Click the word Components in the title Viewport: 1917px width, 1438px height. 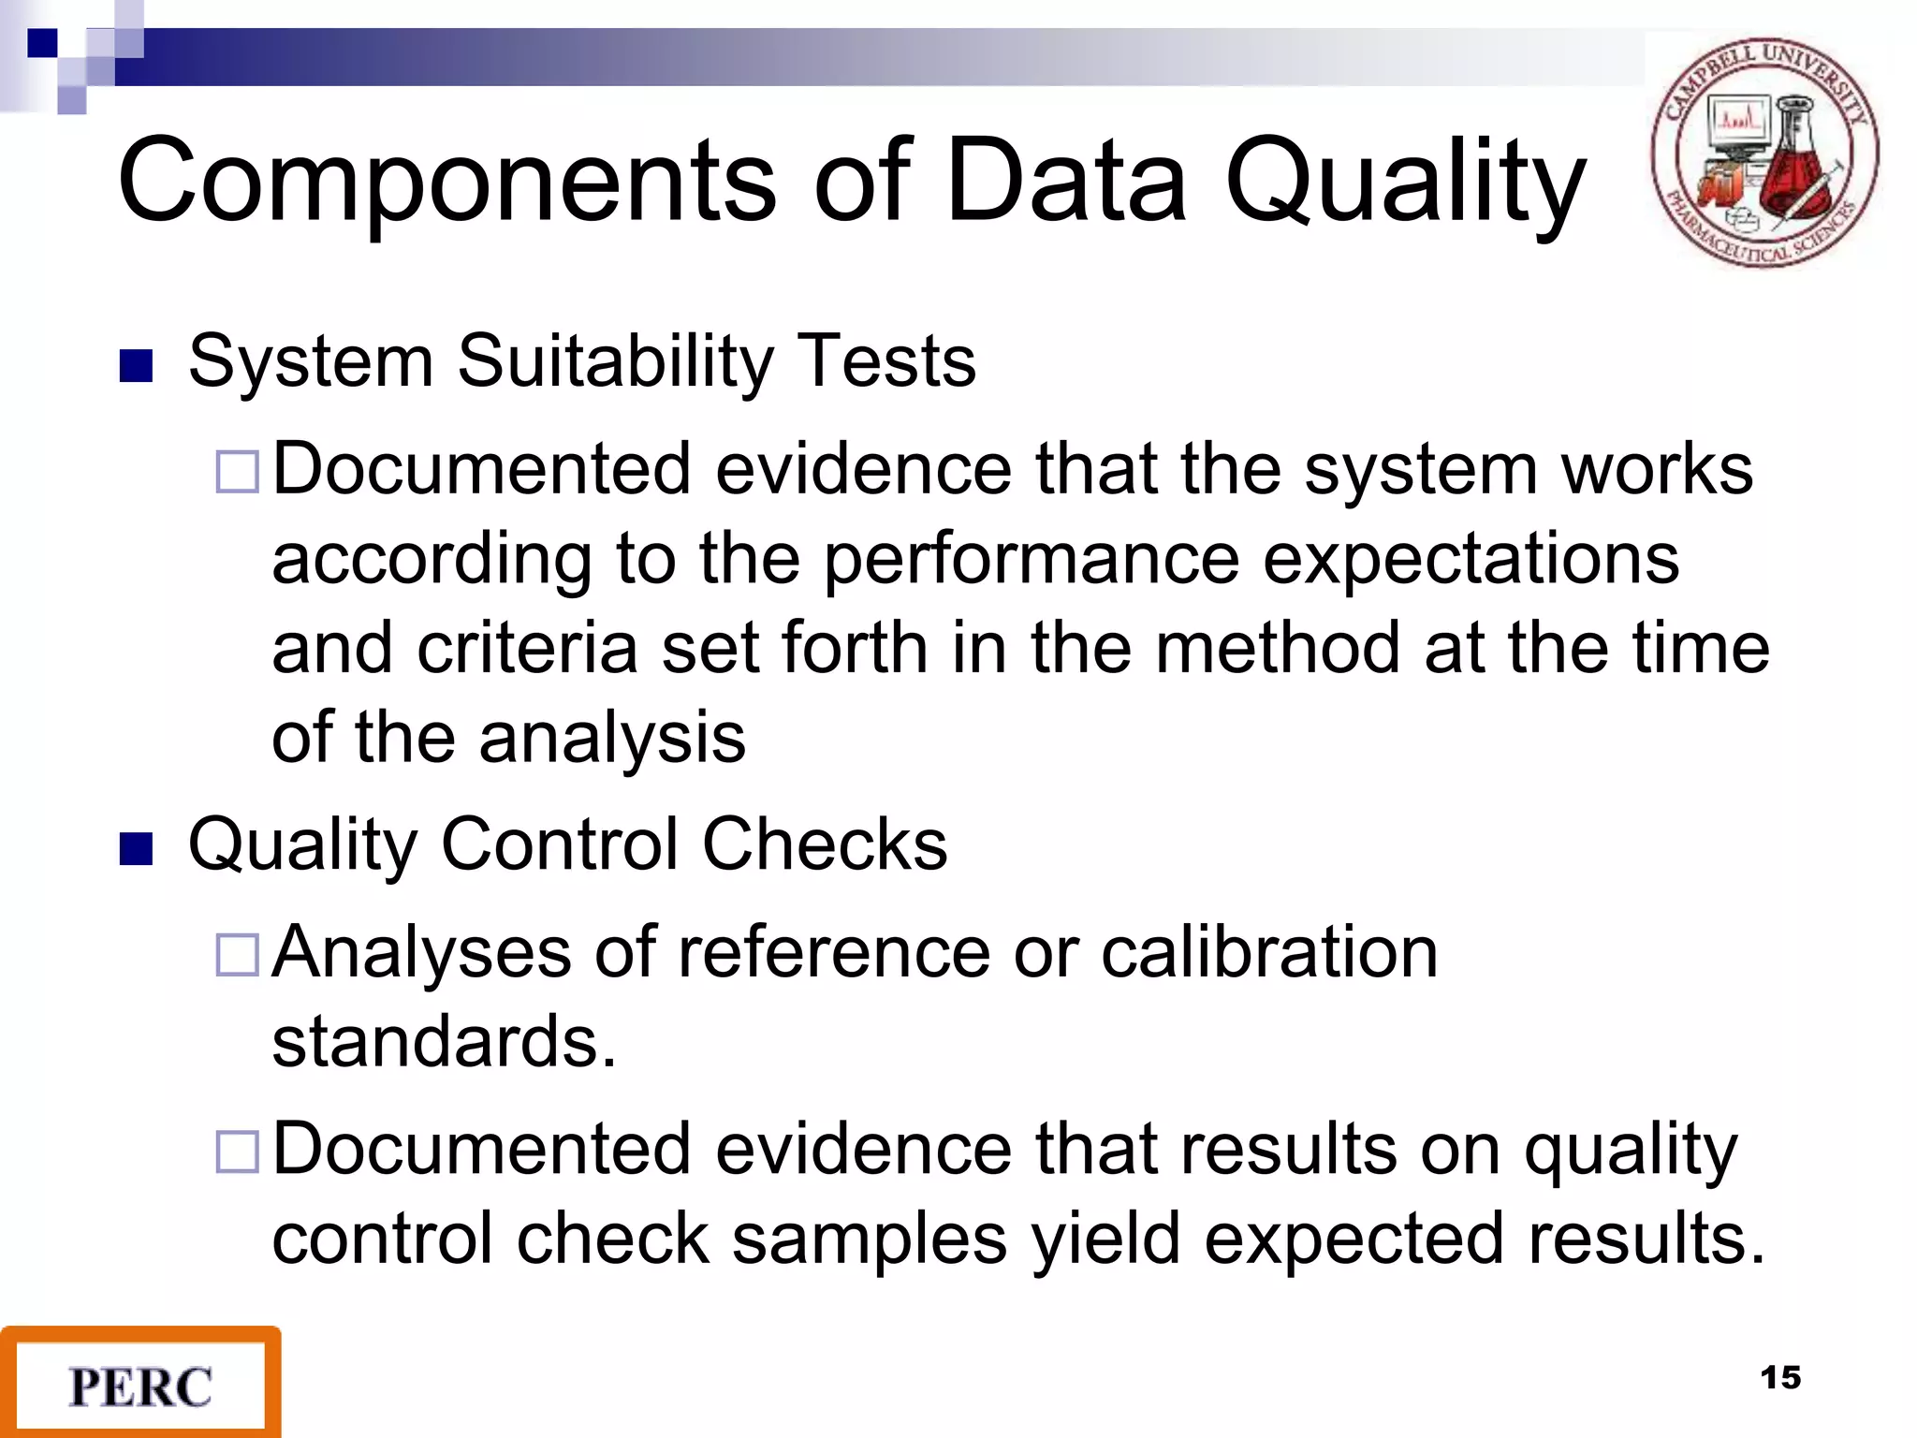pos(446,180)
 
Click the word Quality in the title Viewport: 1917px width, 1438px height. pos(1405,183)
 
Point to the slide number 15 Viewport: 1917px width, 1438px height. pos(1780,1378)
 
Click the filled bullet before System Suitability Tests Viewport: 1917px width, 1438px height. pos(136,366)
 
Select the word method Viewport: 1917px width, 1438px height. pos(1279,648)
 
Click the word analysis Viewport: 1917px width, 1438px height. pos(612,739)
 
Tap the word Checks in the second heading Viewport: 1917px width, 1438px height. pos(825,844)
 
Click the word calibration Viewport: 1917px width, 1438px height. pos(1269,952)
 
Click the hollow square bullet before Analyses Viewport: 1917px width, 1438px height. pos(237,956)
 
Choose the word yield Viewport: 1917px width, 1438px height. pos(1106,1240)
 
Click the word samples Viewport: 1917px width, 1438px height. pos(870,1240)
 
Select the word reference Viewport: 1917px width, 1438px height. pos(833,952)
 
